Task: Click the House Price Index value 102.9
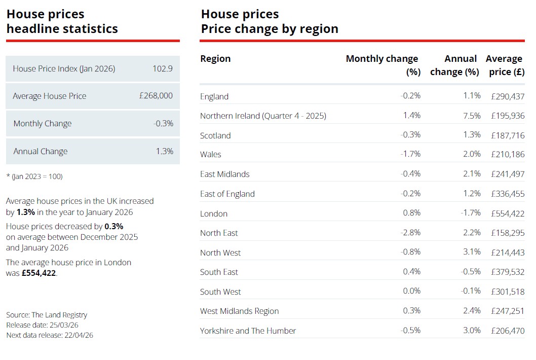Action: (x=163, y=68)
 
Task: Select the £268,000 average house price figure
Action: (x=156, y=96)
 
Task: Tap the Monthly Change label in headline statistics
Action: (x=43, y=124)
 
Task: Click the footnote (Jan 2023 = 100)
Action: (x=34, y=176)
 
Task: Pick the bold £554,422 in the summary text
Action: (x=39, y=273)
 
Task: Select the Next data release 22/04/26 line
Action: (x=50, y=335)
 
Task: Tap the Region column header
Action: (x=215, y=59)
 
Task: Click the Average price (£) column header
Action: (x=505, y=65)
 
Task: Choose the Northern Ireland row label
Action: (x=263, y=116)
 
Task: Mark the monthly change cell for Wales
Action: (x=410, y=154)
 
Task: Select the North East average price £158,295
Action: (x=508, y=233)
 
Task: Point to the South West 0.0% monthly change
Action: (x=411, y=291)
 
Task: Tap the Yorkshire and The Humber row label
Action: (x=248, y=331)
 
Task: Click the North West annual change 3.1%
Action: (x=472, y=252)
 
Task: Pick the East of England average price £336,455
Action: (x=508, y=194)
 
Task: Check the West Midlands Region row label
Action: (x=239, y=311)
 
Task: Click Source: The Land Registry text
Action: (x=47, y=315)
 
